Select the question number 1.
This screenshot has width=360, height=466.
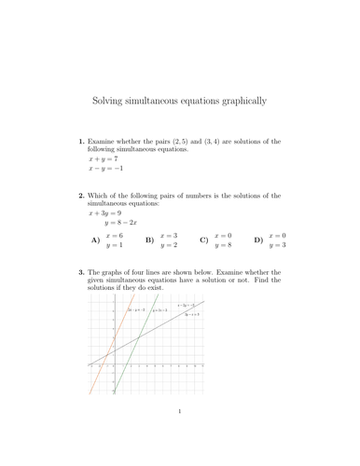(80, 142)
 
